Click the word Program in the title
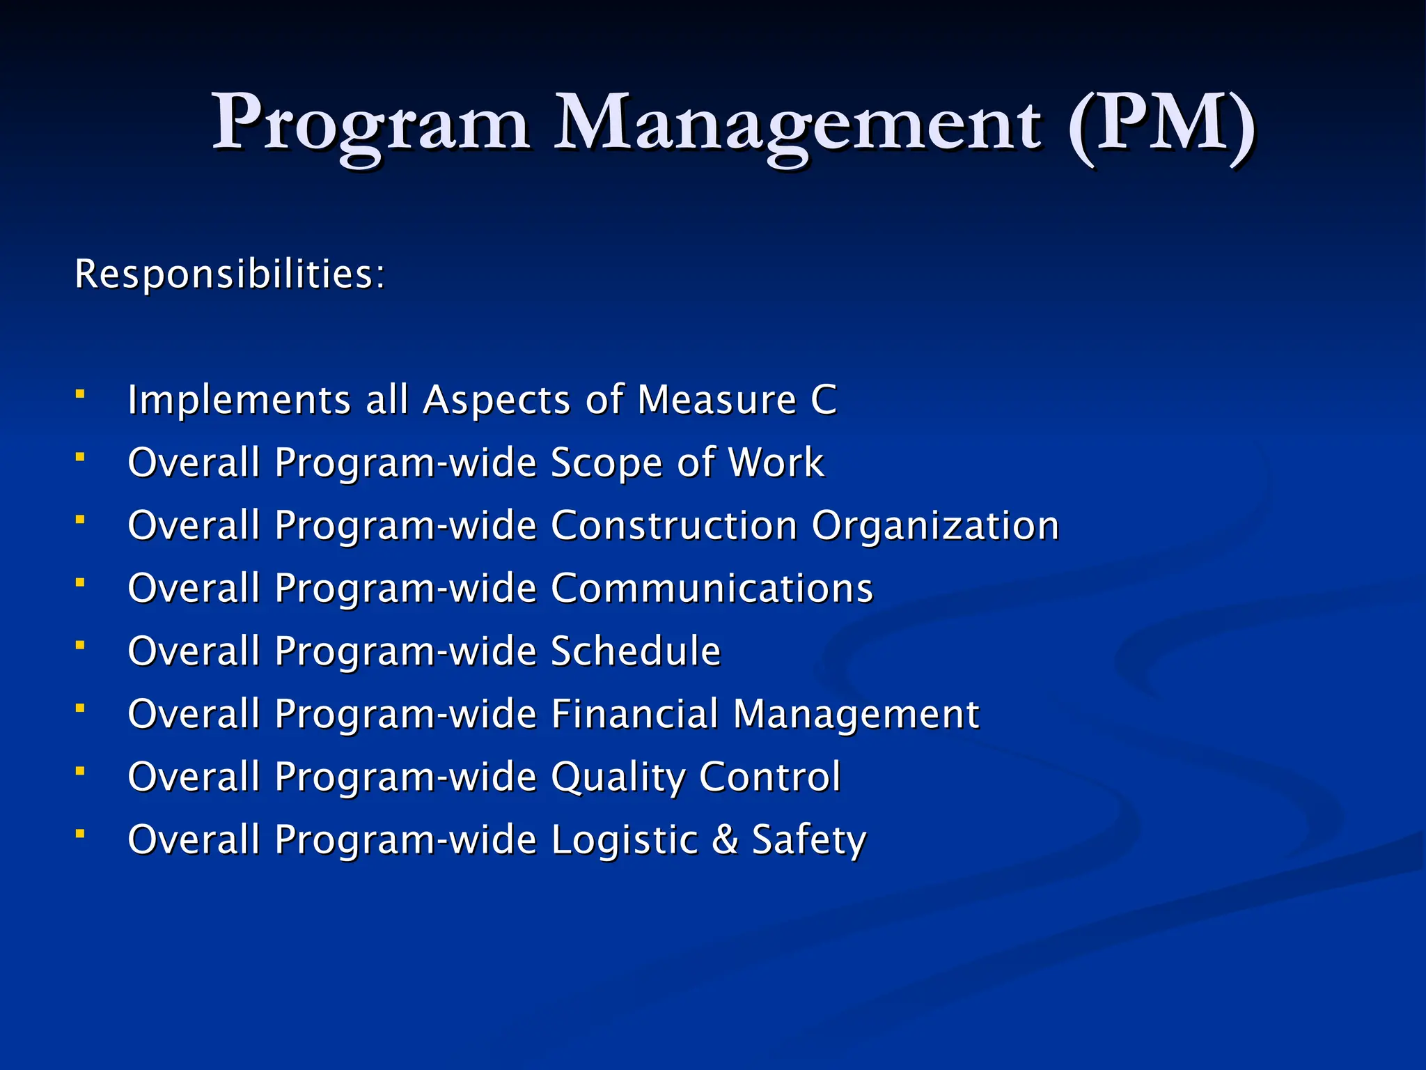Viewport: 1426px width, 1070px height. [x=370, y=124]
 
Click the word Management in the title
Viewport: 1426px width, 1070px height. [x=798, y=124]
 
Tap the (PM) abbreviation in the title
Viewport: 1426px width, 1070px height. [x=1161, y=124]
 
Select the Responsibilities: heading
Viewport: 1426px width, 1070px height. [x=230, y=274]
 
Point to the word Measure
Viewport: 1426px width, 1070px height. [x=717, y=401]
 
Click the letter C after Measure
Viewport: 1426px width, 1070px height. [x=824, y=401]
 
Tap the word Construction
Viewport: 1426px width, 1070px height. [x=674, y=526]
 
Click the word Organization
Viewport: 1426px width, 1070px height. [x=936, y=526]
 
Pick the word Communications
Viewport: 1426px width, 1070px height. [x=712, y=589]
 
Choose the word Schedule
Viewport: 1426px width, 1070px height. [x=636, y=651]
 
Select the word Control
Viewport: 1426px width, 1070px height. [x=770, y=777]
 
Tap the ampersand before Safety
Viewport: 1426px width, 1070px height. [x=725, y=839]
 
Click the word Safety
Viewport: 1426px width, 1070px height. [x=809, y=840]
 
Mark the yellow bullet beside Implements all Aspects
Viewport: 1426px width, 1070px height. [x=81, y=395]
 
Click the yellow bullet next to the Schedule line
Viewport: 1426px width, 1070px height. [x=81, y=646]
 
